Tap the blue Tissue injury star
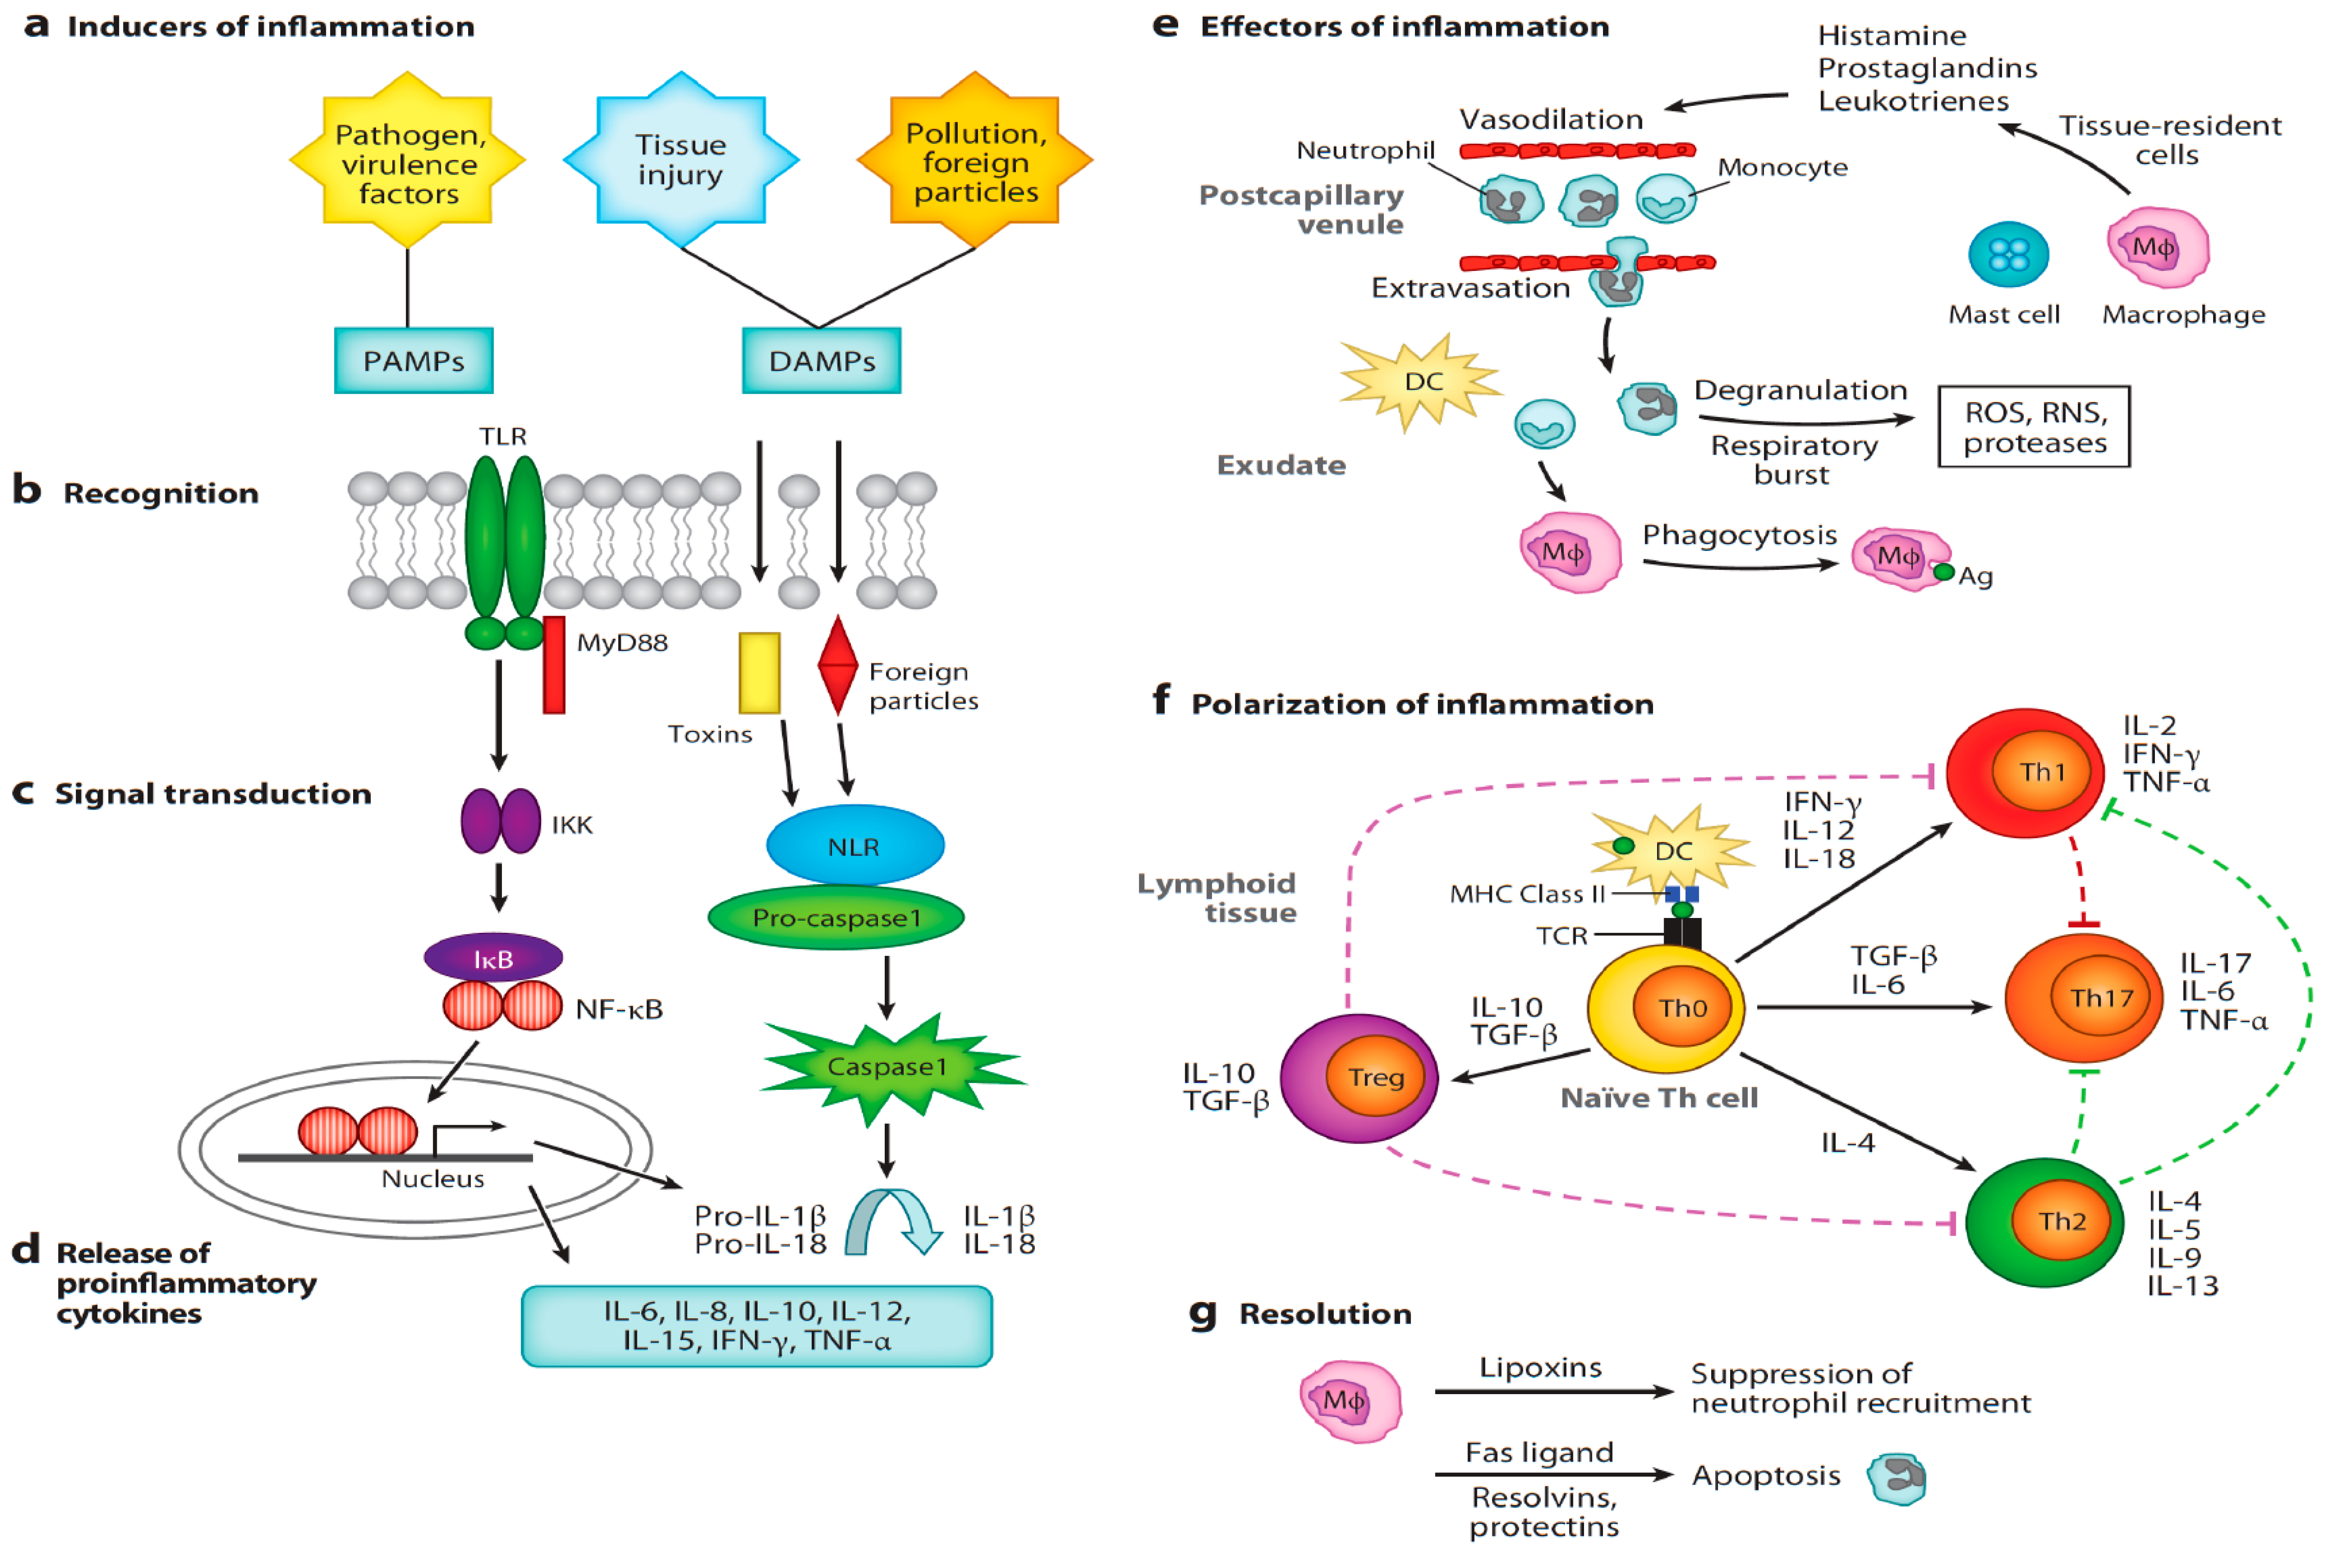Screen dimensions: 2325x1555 point(681,159)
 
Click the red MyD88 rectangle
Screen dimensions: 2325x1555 point(554,664)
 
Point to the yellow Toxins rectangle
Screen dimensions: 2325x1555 point(759,673)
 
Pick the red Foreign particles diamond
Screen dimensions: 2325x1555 point(838,664)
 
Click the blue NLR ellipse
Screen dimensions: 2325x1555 point(855,845)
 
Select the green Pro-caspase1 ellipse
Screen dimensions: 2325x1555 point(836,918)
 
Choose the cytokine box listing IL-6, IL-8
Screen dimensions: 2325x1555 point(757,1326)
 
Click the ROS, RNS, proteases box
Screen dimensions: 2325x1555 point(2033,427)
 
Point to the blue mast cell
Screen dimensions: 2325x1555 point(2009,254)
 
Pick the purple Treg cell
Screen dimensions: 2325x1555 point(1359,1078)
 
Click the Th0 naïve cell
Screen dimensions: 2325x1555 point(1666,1009)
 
